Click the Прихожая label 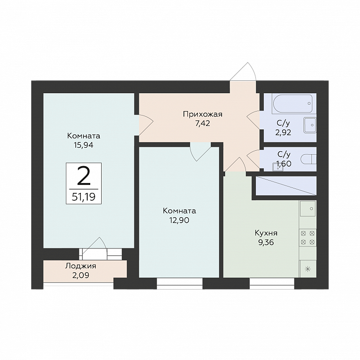click(202, 114)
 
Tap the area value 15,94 click(84, 145)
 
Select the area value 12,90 click(180, 220)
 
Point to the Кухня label click(266, 233)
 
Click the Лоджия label click(81, 266)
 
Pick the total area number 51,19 click(84, 197)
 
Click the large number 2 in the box click(84, 176)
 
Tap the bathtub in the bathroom click(292, 103)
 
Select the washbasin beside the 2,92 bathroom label click(310, 125)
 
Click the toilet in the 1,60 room click(308, 159)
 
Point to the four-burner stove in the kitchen click(307, 238)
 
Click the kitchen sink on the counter click(307, 208)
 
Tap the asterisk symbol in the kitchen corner click(307, 269)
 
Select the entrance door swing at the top click(243, 71)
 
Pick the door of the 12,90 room click(200, 152)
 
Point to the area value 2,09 click(81, 275)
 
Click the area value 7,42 click(202, 124)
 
